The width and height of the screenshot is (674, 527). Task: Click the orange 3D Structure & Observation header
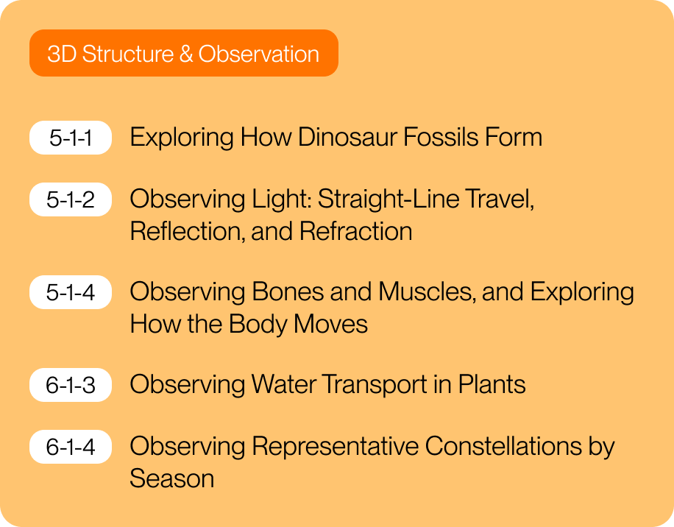tap(184, 53)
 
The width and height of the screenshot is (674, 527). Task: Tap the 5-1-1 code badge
tap(71, 138)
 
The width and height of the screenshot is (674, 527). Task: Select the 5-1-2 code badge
tap(71, 199)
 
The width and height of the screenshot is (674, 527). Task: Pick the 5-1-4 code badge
tap(71, 292)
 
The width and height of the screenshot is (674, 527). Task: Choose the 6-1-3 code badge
tap(71, 385)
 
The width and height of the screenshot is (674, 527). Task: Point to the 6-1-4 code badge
tap(71, 447)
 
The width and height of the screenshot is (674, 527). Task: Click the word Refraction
tap(356, 231)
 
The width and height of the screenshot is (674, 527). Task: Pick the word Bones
tap(288, 292)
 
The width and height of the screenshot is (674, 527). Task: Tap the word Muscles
tap(428, 292)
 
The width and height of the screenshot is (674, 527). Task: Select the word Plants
tap(492, 384)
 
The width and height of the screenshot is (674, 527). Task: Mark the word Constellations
tap(503, 446)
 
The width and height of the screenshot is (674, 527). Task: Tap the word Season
tap(172, 478)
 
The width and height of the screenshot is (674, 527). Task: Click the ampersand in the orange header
tap(185, 54)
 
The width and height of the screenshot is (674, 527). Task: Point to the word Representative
tap(335, 447)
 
